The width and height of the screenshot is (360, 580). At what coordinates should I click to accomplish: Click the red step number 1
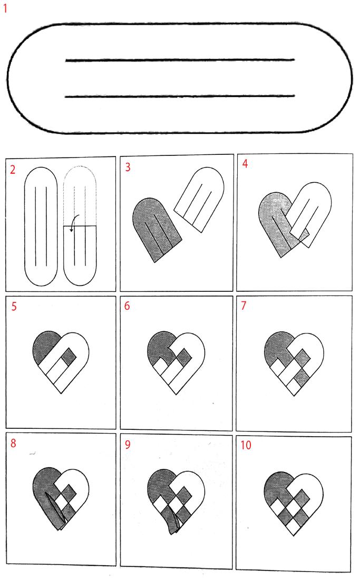point(5,8)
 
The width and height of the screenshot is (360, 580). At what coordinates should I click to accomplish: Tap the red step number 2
point(13,170)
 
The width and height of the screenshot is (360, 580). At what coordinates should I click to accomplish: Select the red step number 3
point(128,167)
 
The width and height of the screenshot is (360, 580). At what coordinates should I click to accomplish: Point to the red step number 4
point(245,163)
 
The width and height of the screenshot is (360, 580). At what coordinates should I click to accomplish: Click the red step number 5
point(14,307)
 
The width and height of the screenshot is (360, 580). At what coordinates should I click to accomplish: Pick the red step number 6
point(127,306)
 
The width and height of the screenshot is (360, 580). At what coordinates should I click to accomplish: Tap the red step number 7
point(244,306)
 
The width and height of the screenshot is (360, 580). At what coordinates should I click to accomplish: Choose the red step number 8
point(13,443)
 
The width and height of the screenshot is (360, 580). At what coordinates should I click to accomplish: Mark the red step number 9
point(128,444)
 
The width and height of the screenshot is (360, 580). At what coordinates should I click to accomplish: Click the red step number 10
point(246,445)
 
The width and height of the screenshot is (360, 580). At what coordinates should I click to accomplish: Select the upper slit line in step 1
point(180,60)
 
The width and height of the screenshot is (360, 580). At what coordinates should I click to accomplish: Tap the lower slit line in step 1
point(180,96)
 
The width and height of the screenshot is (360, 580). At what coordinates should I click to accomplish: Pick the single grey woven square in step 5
point(68,356)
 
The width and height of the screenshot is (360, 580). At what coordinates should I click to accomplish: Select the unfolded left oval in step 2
point(41,227)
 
